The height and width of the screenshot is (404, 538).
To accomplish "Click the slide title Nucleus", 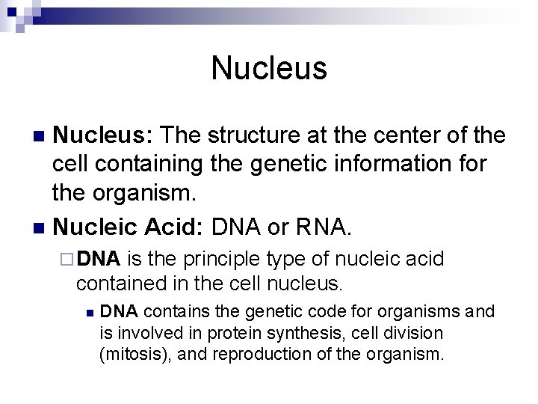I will (x=269, y=68).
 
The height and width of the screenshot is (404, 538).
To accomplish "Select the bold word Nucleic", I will (x=94, y=225).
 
